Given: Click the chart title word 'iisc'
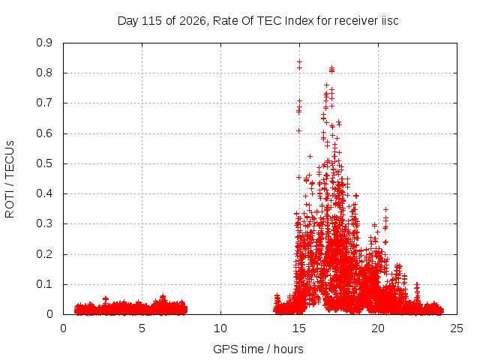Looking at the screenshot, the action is [x=390, y=21].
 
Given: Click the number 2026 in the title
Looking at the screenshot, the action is [x=193, y=21].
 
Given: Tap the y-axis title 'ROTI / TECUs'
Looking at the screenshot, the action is [x=10, y=179].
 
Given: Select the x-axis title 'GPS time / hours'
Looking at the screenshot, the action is [x=258, y=349].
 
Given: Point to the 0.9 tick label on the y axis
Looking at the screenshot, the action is [x=44, y=43].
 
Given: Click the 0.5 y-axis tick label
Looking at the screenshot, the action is [x=44, y=163].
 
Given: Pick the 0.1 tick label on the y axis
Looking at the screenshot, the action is [x=44, y=284].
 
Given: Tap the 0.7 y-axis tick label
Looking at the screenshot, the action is [x=44, y=103].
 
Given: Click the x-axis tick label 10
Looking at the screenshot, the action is [x=220, y=328].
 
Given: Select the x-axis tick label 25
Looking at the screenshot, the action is [x=457, y=328].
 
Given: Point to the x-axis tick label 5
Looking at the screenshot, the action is [x=142, y=328].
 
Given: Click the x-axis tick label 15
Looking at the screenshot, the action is [x=299, y=328].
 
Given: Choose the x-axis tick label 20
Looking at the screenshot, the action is [x=378, y=328].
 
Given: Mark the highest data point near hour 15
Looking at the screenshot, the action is [x=299, y=61].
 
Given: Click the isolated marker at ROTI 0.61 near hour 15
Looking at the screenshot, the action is [x=298, y=131].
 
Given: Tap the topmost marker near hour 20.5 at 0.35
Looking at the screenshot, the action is [x=386, y=210].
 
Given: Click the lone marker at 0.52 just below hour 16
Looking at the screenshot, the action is [x=310, y=157].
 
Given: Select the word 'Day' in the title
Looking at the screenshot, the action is [x=128, y=21].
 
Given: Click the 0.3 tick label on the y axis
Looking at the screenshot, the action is [x=44, y=223].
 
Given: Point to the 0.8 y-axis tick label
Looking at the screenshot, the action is [x=44, y=73].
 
